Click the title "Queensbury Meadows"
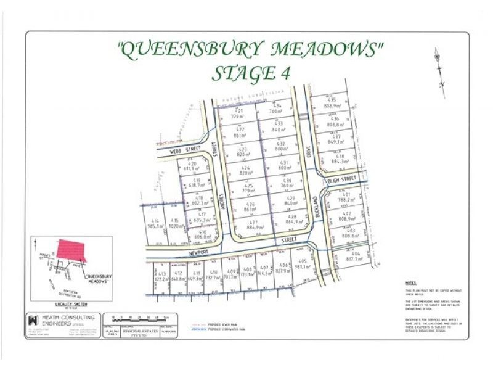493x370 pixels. coord(250,49)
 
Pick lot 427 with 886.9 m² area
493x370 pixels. coord(253,224)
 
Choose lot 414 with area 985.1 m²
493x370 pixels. coord(155,223)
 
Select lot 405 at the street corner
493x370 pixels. coord(301,264)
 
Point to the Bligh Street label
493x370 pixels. coord(343,179)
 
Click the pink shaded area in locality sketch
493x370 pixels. coord(70,250)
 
